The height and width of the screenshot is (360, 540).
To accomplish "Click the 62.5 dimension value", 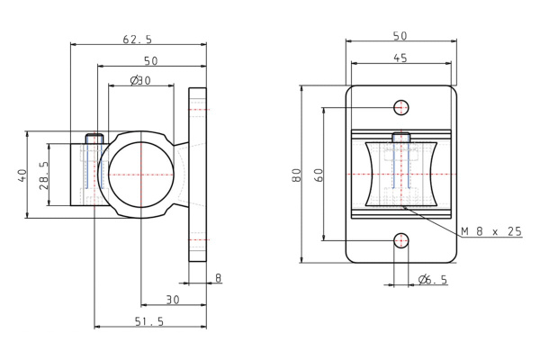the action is (137, 40).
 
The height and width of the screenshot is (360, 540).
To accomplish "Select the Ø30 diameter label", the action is (140, 81).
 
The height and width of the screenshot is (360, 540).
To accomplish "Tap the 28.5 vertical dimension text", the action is (43, 175).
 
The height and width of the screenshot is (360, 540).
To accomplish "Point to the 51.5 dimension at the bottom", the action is (149, 321).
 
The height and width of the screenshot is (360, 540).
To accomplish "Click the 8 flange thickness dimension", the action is (219, 278).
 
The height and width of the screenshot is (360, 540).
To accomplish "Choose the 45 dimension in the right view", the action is (400, 58).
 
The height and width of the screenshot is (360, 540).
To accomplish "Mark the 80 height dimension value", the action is (296, 175).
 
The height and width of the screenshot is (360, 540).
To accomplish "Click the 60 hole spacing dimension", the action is (319, 175).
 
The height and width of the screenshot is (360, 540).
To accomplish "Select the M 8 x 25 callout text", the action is (491, 231).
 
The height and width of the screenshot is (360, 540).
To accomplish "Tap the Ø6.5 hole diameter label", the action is (433, 280).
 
